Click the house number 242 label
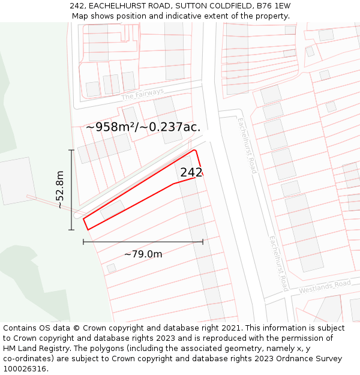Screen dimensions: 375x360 click(191, 172)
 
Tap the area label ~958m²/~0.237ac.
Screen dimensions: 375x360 click(143, 127)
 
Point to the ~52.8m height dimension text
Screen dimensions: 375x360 click(60, 189)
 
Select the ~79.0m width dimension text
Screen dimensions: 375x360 click(143, 254)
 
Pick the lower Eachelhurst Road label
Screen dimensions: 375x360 click(278, 263)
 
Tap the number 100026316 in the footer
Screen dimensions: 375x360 click(24, 369)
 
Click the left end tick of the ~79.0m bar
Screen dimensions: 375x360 click(83, 242)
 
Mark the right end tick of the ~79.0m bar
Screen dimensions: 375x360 click(203, 242)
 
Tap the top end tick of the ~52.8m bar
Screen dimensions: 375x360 click(71, 150)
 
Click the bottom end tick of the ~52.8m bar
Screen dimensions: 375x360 click(71, 230)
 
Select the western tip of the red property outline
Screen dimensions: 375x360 click(83, 218)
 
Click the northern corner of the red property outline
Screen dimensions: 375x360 click(194, 149)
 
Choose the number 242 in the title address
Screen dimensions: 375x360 click(77, 6)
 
